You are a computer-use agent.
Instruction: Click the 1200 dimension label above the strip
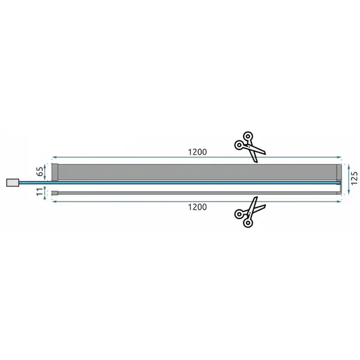click(x=197, y=152)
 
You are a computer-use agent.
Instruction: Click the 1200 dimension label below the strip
click(x=197, y=207)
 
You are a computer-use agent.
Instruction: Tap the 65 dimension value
click(x=40, y=172)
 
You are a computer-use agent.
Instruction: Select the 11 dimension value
click(x=40, y=192)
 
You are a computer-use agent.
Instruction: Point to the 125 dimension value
click(x=354, y=178)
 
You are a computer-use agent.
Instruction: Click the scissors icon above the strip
click(x=250, y=147)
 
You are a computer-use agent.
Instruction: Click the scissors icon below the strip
click(x=250, y=212)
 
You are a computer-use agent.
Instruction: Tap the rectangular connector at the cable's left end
click(x=13, y=183)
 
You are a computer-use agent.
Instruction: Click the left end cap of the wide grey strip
click(x=55, y=172)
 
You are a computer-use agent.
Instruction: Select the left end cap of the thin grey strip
click(x=55, y=193)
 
